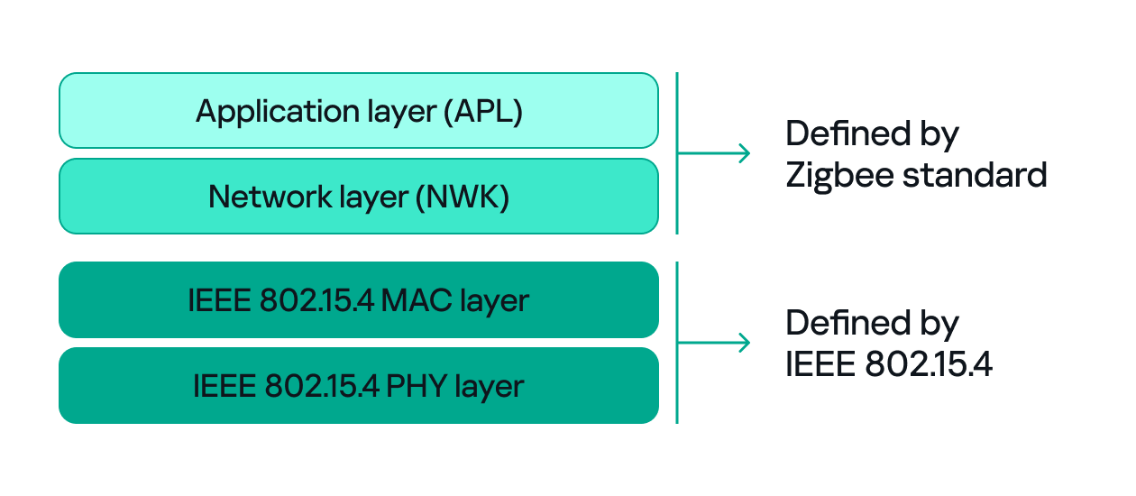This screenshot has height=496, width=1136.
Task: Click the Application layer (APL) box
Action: tap(358, 110)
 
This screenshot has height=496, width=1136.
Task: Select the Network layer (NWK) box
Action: tap(358, 196)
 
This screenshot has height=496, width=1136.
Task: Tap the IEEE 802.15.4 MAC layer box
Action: tap(358, 299)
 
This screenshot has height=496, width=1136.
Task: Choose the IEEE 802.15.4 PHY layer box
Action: tap(358, 385)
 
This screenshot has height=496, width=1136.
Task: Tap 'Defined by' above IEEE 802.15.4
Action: tap(872, 323)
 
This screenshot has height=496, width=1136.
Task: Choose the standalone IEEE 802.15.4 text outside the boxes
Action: tap(889, 363)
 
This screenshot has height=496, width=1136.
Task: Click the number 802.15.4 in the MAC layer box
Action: tap(316, 299)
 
